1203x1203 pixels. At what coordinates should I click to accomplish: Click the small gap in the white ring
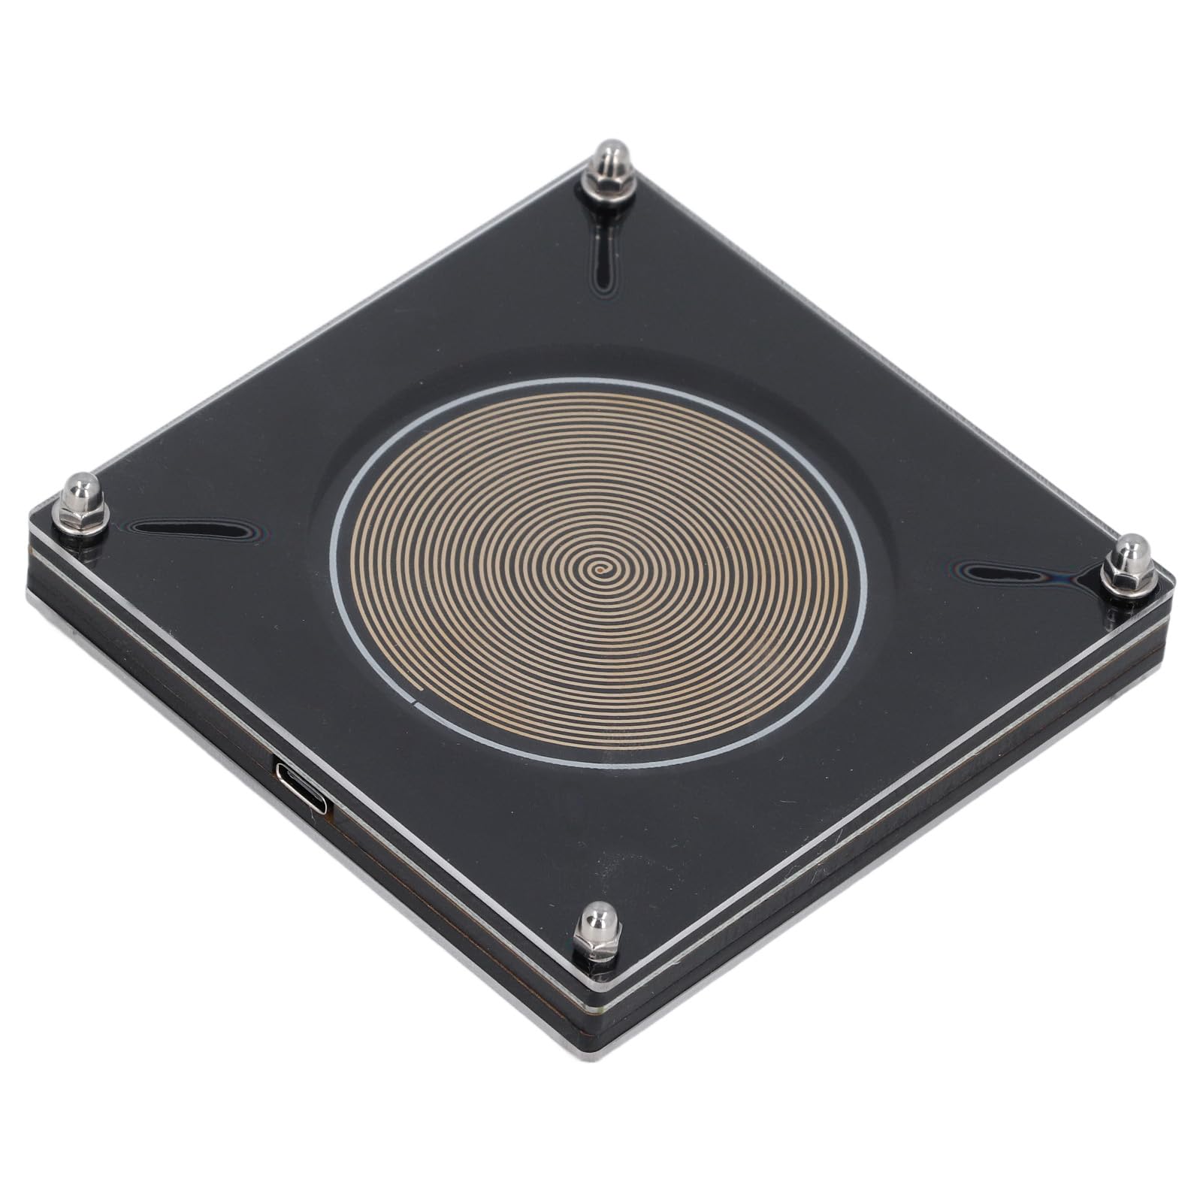[416, 703]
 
